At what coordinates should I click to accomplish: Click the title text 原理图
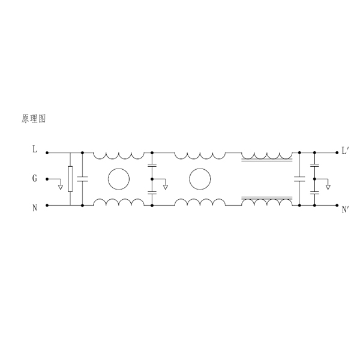pos(34,119)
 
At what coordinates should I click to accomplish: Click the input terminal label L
pos(34,149)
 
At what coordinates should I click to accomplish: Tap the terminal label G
pos(34,178)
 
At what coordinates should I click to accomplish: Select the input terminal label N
pos(35,208)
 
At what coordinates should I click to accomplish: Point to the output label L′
pos(346,151)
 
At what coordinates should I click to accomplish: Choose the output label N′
pos(346,209)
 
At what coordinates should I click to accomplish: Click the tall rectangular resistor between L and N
pos(70,179)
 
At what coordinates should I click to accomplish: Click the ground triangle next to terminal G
pos(61,187)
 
